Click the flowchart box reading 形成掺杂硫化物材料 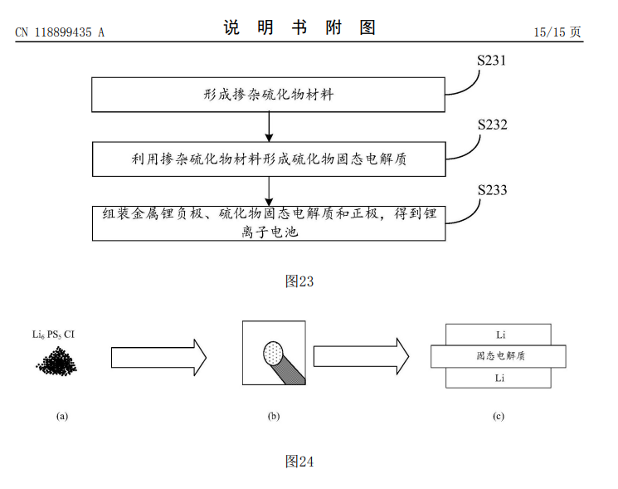tap(269, 95)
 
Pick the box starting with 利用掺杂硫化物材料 tap(269, 159)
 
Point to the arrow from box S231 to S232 tap(269, 126)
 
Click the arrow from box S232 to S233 tap(269, 190)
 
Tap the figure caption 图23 tap(299, 281)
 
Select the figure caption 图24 tap(299, 461)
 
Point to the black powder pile tap(56, 361)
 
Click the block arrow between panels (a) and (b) tap(158, 357)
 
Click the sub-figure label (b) tap(274, 416)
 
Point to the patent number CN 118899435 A tap(60, 32)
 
